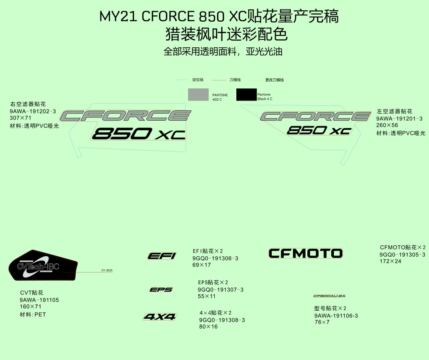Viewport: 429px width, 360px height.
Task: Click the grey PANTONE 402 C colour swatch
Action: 198,95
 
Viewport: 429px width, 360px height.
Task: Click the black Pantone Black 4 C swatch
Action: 246,95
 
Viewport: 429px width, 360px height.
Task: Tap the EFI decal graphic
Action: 162,256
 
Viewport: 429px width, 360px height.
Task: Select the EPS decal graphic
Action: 161,290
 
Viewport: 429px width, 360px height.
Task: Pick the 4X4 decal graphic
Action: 160,317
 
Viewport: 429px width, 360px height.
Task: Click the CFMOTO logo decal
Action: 305,253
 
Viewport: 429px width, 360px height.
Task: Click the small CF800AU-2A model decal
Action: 329,296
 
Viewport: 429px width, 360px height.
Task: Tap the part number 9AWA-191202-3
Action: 33,111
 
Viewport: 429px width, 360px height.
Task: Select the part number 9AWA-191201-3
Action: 399,119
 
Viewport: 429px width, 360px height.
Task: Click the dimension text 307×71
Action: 20,118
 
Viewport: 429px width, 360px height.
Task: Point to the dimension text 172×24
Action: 390,261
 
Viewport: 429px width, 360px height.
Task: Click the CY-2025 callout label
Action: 107,270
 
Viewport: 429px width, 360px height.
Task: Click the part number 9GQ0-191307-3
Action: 221,290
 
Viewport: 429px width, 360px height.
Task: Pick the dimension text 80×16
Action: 208,327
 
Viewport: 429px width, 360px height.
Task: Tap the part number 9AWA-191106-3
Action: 336,316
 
